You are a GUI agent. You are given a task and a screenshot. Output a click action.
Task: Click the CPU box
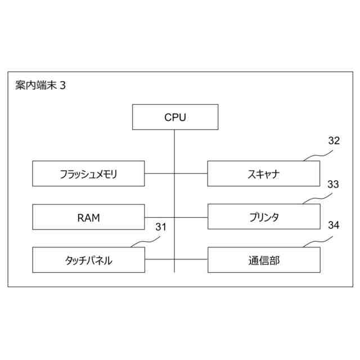175,117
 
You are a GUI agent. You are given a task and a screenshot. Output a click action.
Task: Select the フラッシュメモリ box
88,173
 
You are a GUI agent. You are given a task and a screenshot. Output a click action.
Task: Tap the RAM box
88,217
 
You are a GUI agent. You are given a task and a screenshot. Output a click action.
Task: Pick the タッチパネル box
88,260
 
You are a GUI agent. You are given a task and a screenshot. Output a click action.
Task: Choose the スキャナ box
263,173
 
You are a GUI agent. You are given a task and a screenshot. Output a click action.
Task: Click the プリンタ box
263,217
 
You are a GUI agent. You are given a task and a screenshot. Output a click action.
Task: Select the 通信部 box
263,260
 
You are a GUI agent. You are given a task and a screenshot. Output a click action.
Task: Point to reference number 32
334,141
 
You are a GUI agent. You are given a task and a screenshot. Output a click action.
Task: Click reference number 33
334,184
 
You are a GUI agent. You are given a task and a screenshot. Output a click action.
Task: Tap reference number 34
334,226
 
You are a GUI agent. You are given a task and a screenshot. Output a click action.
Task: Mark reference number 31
161,227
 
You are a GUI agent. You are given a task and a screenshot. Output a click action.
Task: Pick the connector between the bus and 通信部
191,260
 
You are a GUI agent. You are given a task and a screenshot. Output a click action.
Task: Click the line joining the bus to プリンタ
191,217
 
